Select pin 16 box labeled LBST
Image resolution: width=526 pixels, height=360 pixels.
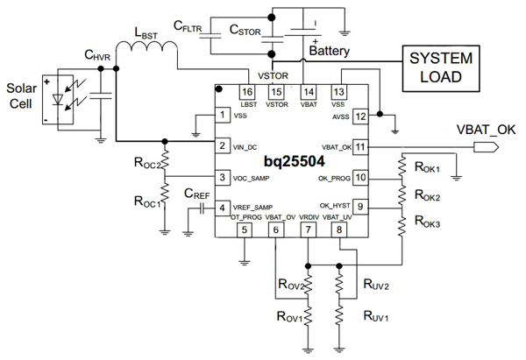pyautogui.click(x=247, y=91)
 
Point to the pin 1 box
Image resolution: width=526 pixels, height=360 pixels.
pyautogui.click(x=224, y=115)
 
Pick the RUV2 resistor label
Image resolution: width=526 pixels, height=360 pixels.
pyautogui.click(x=374, y=284)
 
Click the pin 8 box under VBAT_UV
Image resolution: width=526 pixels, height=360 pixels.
pyautogui.click(x=338, y=230)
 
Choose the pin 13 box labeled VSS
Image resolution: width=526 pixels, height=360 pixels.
pyautogui.click(x=338, y=91)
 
